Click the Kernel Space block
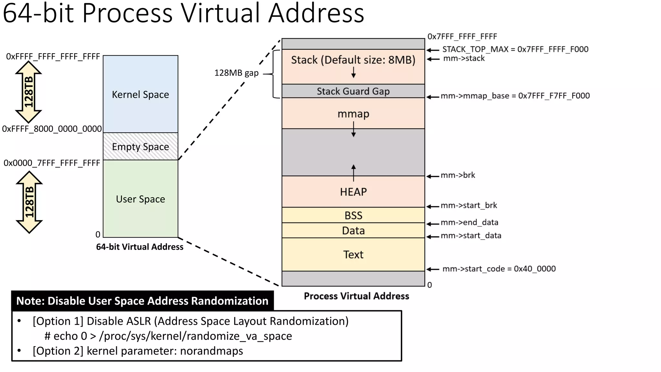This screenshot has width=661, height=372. (140, 94)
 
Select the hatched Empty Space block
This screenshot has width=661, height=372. (140, 147)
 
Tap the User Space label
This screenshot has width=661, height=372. (140, 199)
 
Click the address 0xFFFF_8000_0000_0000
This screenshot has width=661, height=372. (52, 129)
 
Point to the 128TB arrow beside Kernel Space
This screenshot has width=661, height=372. (28, 92)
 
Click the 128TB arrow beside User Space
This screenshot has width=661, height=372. (29, 202)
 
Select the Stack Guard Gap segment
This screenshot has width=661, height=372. (353, 91)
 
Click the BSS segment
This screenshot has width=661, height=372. (353, 215)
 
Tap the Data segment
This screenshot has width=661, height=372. (353, 231)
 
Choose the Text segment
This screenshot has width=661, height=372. (353, 254)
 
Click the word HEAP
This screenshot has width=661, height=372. (353, 192)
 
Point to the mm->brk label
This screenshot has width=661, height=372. (458, 175)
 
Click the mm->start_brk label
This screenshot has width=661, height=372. (469, 205)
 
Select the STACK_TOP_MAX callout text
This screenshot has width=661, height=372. (515, 49)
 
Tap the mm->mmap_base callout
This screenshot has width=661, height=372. (515, 96)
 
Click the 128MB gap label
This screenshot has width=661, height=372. (236, 73)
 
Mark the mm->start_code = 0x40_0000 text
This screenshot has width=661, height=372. (499, 269)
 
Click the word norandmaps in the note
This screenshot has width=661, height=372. (211, 351)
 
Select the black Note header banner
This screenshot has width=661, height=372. (142, 301)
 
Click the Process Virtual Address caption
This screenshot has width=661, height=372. (356, 296)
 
